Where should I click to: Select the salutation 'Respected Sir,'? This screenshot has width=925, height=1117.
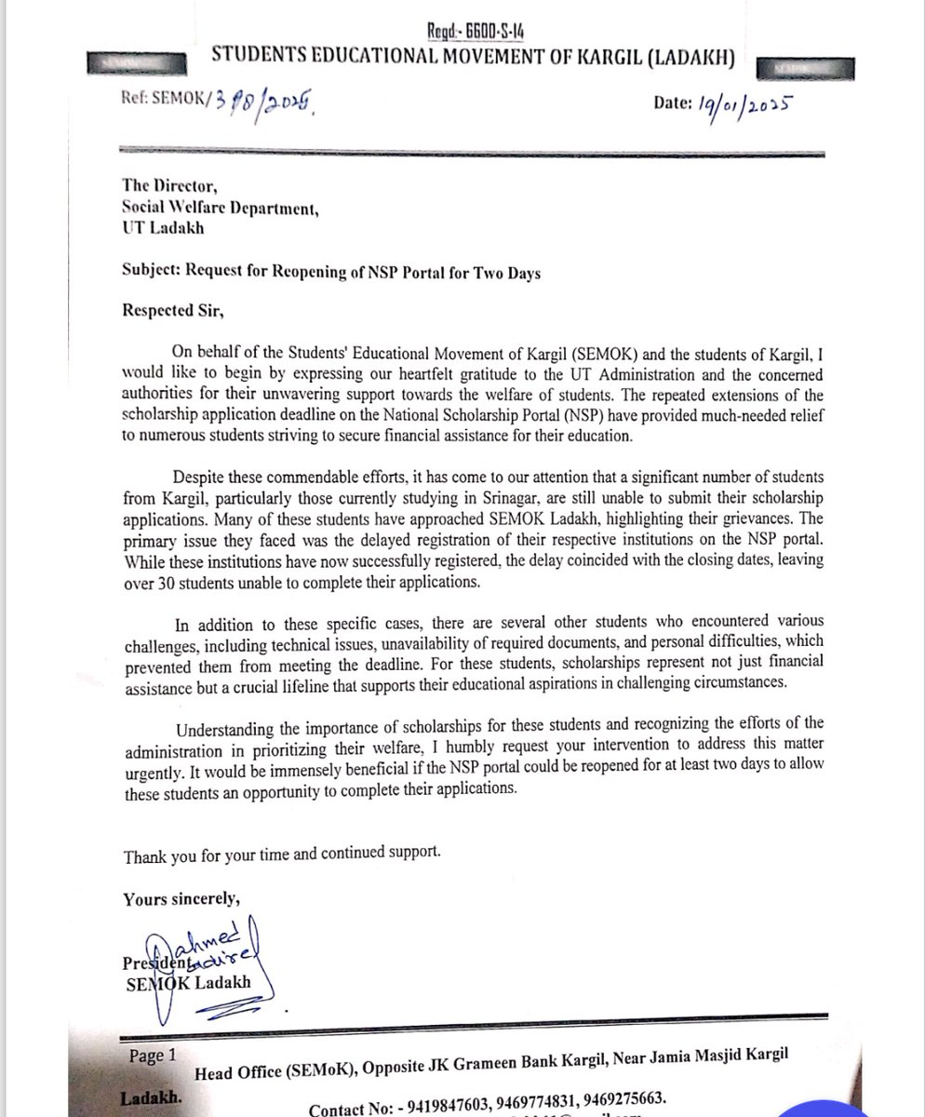[174, 311]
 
